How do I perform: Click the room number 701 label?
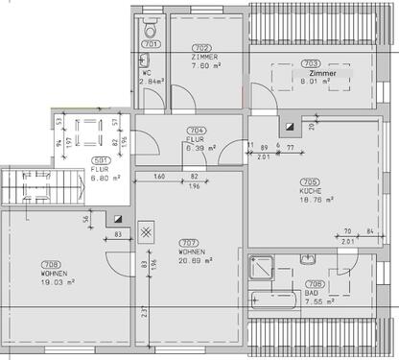(x=151, y=44)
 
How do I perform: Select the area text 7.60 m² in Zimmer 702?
(x=201, y=66)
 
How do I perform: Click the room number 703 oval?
(x=310, y=63)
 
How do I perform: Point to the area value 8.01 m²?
(x=311, y=82)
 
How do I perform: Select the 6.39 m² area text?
(x=200, y=148)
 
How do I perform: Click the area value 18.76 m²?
(x=317, y=200)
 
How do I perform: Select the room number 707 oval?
(x=188, y=241)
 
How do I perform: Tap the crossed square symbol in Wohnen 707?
(x=147, y=230)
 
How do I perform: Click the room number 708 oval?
(x=50, y=264)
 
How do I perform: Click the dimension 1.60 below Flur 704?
(x=158, y=177)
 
